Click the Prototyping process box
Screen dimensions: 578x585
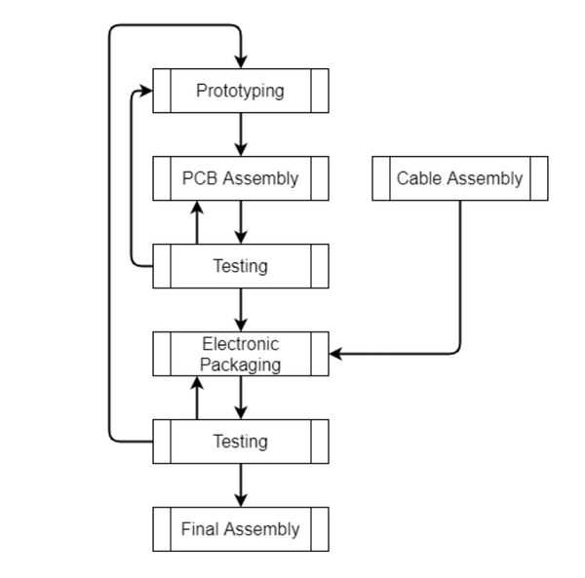(x=240, y=91)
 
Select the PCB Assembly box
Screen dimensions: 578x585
(x=240, y=178)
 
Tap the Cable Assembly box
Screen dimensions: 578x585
(x=459, y=178)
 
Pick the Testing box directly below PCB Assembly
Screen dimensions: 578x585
(x=240, y=266)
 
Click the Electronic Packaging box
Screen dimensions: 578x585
(x=240, y=354)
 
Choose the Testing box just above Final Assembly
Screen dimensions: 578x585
(x=240, y=442)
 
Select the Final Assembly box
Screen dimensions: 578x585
(x=240, y=529)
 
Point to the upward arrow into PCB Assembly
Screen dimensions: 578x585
(x=197, y=221)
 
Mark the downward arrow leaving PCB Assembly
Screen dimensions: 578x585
(x=240, y=222)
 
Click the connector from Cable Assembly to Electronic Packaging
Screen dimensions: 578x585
(x=459, y=292)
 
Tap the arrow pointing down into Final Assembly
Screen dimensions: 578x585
(x=240, y=485)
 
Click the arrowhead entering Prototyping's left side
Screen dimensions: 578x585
(x=146, y=91)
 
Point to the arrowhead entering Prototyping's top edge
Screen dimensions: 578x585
(x=240, y=61)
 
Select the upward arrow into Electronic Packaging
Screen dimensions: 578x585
(x=197, y=397)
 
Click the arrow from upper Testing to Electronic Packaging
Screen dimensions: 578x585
(x=240, y=310)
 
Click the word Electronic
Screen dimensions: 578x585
(x=240, y=344)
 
